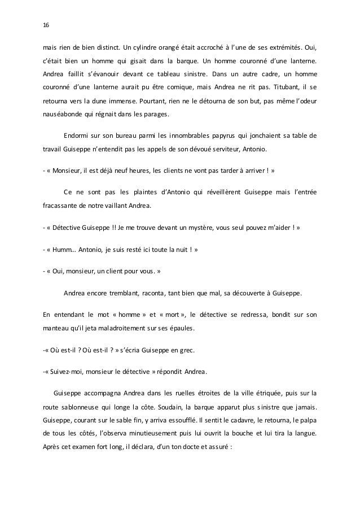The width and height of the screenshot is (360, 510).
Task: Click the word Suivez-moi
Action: coord(68,371)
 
